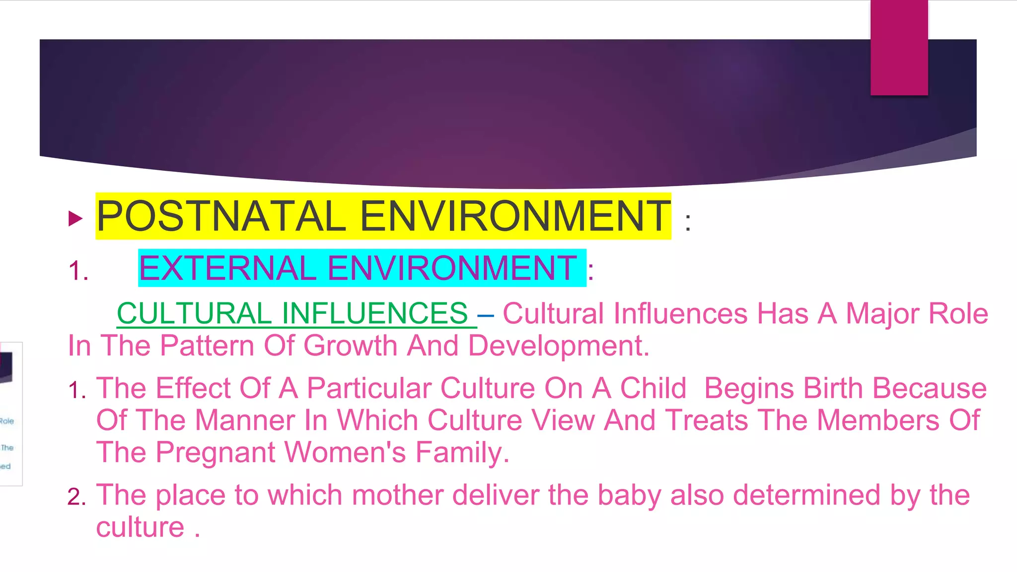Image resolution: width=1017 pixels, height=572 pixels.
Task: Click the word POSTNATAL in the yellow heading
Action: coord(221,216)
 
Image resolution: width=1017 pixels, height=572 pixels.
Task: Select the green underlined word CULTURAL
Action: coord(194,314)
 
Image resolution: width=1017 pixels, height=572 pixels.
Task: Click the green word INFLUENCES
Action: coord(375,314)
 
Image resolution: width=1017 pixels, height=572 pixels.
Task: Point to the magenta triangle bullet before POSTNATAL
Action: coord(75,218)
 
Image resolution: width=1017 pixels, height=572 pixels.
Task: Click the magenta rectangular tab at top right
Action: coord(899,47)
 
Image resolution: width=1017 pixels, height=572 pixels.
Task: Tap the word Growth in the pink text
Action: coord(350,346)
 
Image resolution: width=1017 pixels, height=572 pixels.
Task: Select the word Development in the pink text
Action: coord(558,346)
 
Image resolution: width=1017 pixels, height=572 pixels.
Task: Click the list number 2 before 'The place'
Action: coord(76,497)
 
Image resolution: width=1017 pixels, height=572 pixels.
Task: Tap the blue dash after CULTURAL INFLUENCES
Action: coord(485,315)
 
